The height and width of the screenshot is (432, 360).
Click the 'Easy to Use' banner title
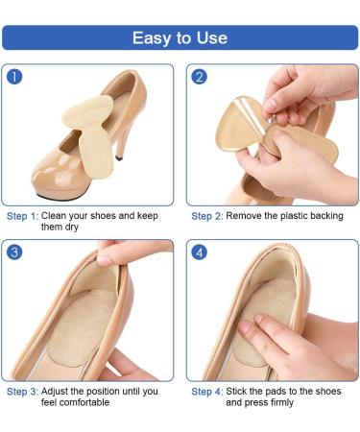(x=180, y=38)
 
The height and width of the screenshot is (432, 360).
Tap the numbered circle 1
(x=14, y=77)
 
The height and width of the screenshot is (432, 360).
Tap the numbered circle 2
(x=199, y=77)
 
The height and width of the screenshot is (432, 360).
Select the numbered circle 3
(x=14, y=252)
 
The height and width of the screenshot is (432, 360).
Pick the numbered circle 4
(x=199, y=252)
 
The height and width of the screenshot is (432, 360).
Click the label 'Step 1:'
(x=22, y=216)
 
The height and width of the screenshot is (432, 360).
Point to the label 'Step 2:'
(x=207, y=216)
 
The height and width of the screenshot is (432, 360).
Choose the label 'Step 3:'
(x=22, y=392)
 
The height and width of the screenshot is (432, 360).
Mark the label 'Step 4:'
(x=207, y=392)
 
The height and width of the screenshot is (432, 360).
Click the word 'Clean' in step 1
(x=54, y=216)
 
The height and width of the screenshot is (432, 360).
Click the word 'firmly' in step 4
(x=281, y=402)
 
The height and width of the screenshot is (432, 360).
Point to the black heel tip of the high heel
(x=119, y=158)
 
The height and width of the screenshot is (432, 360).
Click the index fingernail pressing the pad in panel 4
(x=246, y=327)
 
